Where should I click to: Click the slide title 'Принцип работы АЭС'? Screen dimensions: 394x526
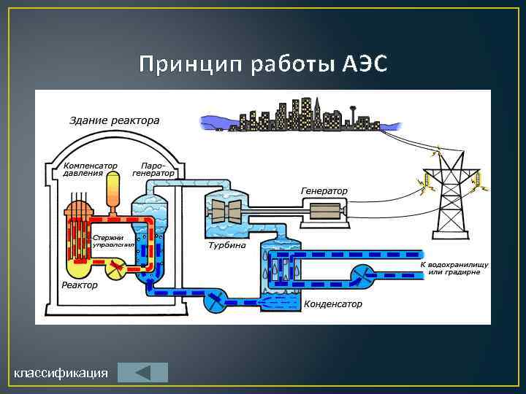coord(262,65)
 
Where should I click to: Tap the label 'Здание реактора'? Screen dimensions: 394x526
coord(114,120)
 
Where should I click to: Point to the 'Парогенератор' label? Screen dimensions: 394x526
coord(153,169)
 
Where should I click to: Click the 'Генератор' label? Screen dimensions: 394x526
coord(324,191)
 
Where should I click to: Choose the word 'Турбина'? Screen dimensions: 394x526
coord(227,246)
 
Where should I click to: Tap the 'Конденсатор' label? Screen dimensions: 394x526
coord(333,304)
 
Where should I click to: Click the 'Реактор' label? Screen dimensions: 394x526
coord(80,285)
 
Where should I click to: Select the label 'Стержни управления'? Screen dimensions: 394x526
coord(113,241)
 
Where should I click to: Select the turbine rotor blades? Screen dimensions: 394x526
coord(225,212)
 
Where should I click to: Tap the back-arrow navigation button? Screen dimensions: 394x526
coord(142,372)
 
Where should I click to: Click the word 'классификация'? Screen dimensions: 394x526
coord(61,374)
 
